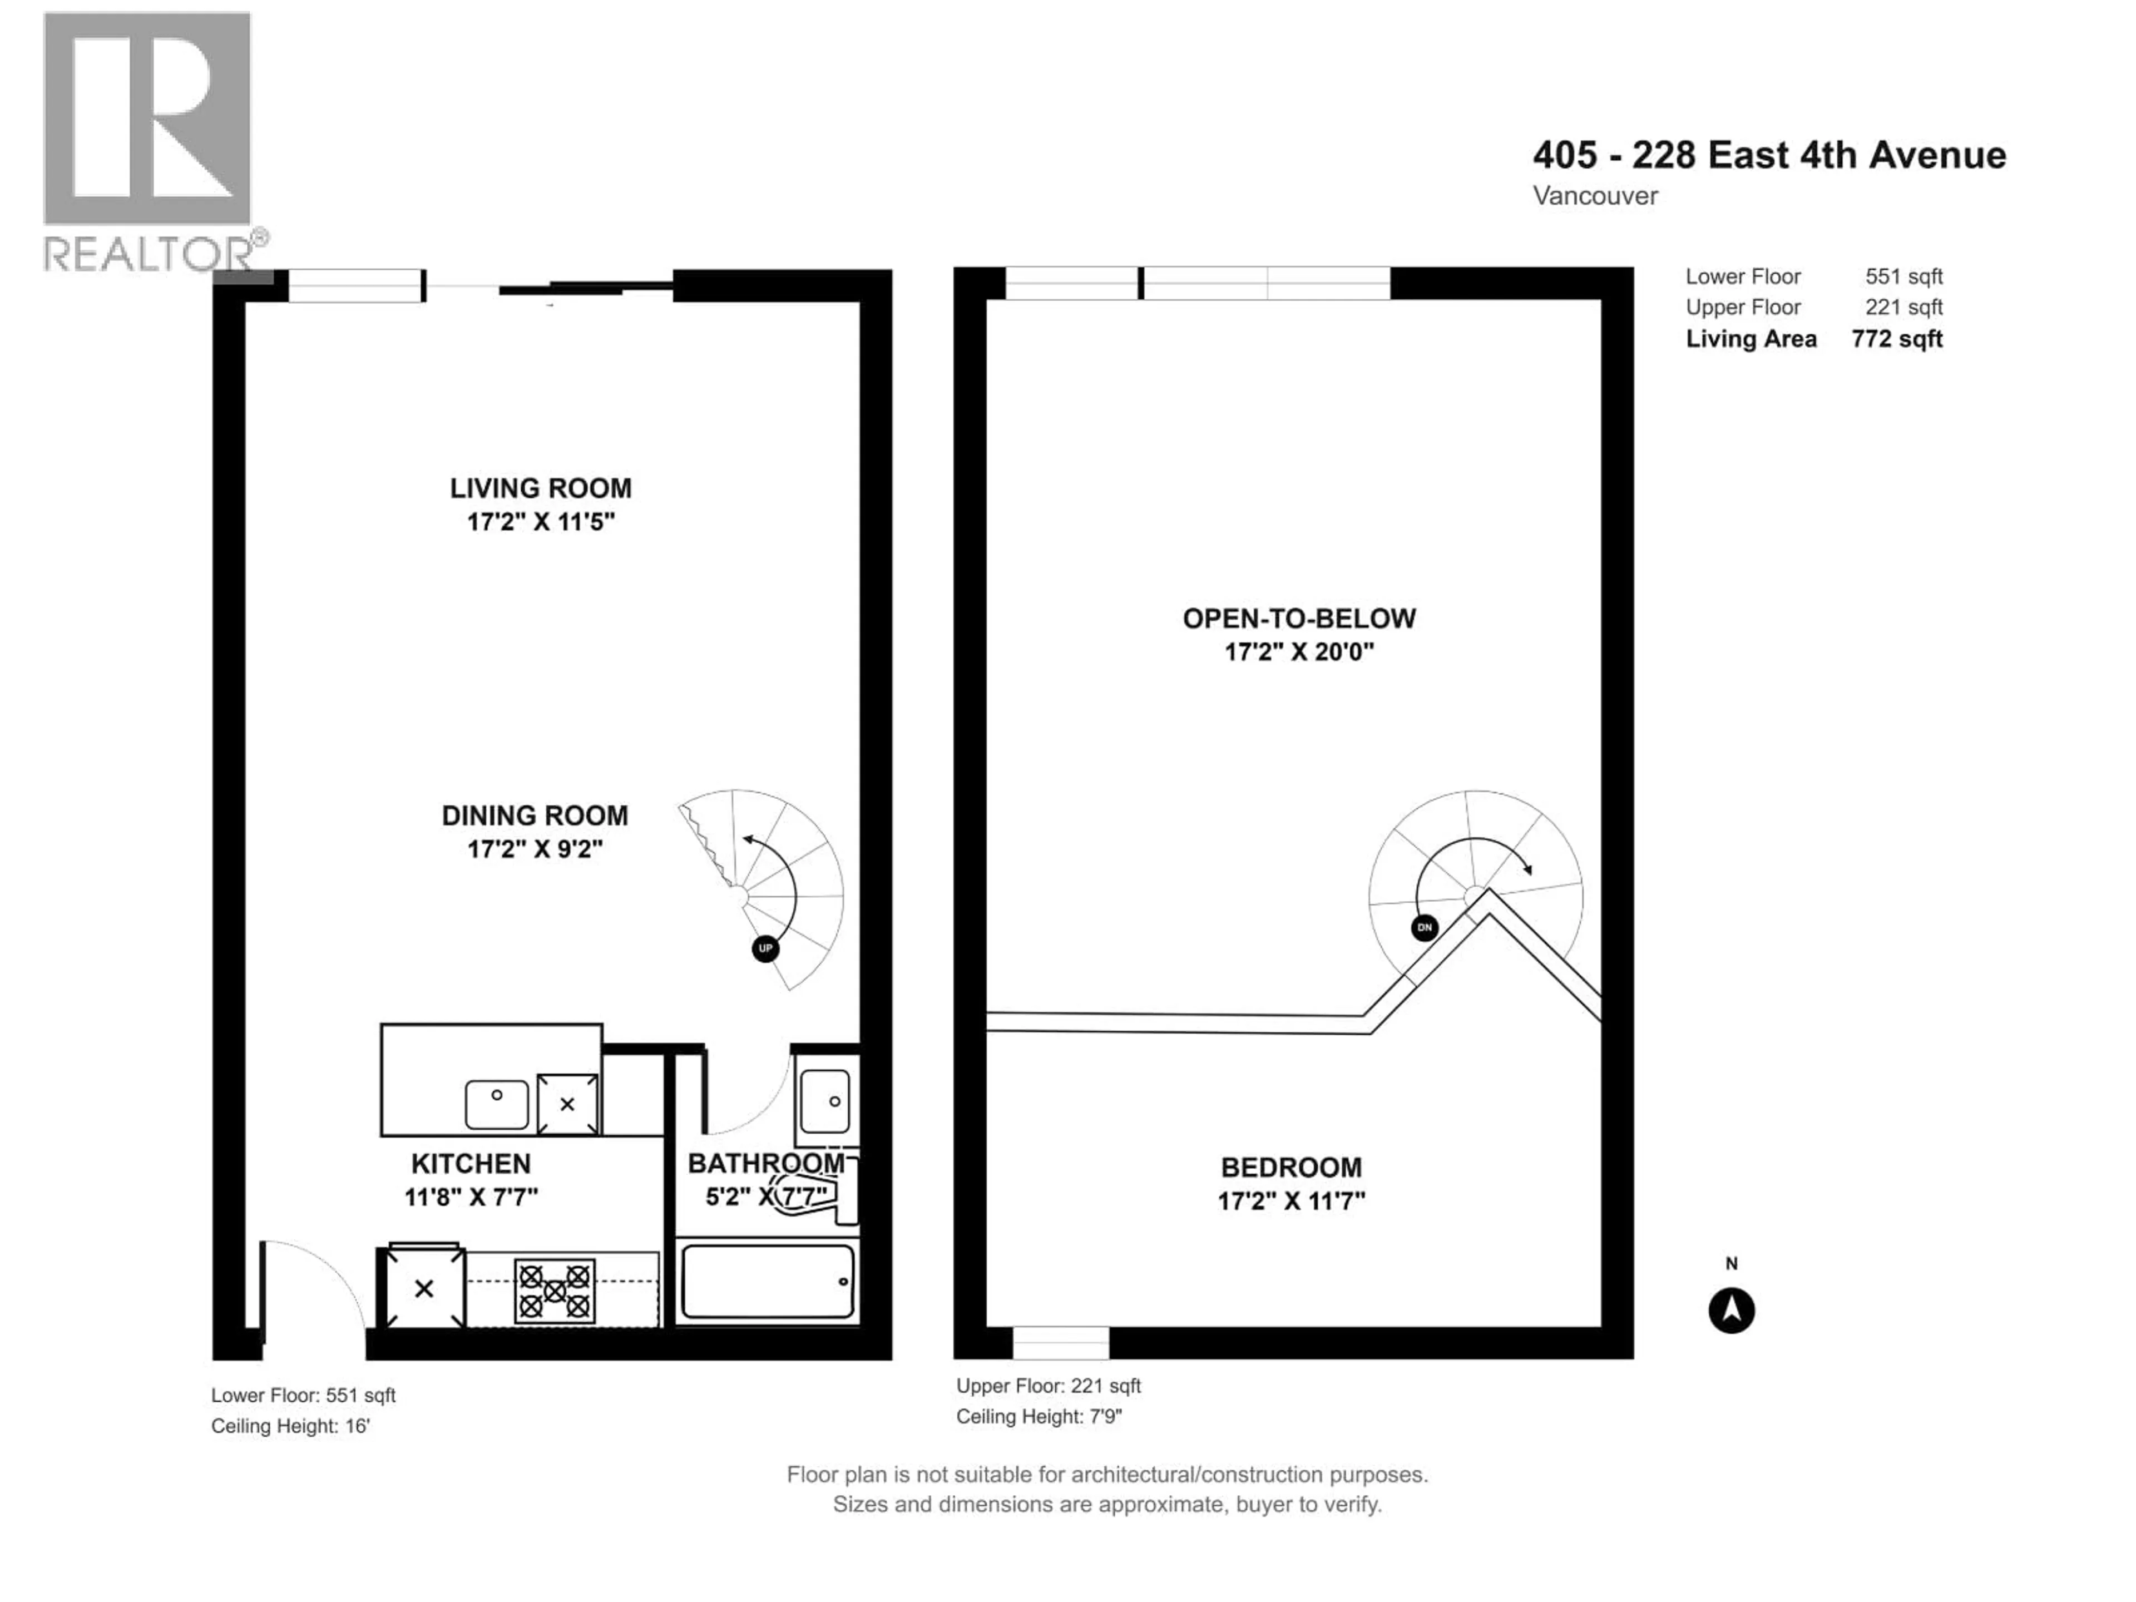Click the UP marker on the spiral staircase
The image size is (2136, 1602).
pos(765,948)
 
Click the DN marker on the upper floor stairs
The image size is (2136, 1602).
pos(1425,928)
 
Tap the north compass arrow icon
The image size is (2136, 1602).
pos(1730,1311)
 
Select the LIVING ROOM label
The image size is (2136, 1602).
pos(541,488)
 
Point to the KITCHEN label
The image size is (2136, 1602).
pos(471,1164)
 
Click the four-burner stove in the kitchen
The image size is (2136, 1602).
pos(554,1291)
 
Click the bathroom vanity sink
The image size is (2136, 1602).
pos(825,1101)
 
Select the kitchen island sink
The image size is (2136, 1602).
pos(496,1104)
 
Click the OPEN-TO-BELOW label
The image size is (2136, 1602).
pos(1299,619)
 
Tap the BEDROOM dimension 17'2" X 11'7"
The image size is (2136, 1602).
pos(1291,1201)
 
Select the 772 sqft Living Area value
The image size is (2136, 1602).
pos(1896,339)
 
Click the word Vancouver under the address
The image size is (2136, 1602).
pos(1595,196)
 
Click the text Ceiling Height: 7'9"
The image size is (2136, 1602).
pos(1039,1417)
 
